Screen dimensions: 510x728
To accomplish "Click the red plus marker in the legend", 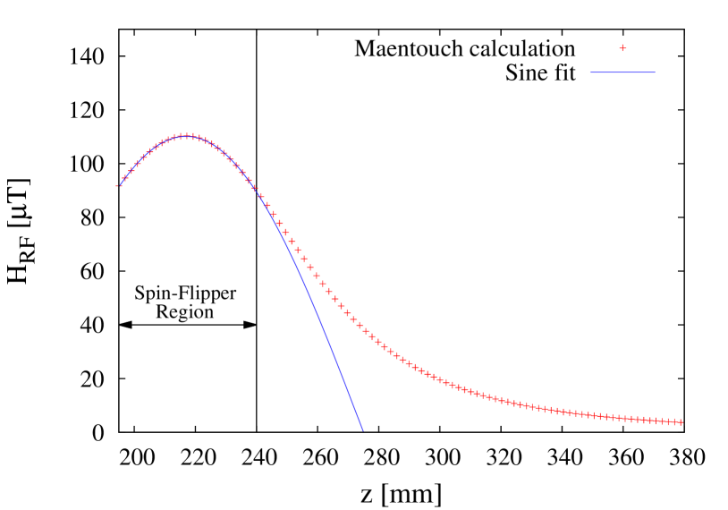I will pos(622,48).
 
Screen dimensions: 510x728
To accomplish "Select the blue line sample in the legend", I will pos(622,72).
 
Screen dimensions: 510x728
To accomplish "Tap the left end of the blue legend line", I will pos(590,72).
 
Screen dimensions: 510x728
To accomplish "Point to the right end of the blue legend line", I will pos(655,72).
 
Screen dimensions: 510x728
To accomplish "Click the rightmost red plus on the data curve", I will pos(680,422).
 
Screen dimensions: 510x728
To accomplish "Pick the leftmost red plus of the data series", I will pos(119,184).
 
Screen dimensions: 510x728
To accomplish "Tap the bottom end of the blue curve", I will pos(363,431).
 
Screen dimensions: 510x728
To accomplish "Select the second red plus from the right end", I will pos(673,421).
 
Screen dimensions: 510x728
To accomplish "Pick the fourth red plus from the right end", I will pos(661,421).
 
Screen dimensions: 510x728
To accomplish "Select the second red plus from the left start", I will pos(125,177).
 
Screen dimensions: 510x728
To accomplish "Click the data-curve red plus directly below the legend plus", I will pos(623,418).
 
